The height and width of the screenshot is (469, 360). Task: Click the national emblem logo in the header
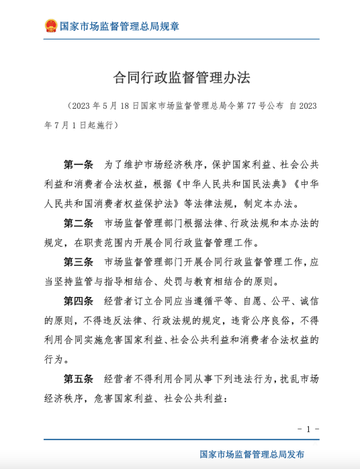(x=50, y=26)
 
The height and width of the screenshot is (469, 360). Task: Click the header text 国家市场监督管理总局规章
(x=120, y=27)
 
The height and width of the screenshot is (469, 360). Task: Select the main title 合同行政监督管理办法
(x=181, y=78)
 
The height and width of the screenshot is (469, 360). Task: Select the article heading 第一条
(x=79, y=165)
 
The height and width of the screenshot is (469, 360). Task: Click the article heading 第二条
(x=79, y=223)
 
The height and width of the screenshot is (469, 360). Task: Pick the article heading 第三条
(x=79, y=261)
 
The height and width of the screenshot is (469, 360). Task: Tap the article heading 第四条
(x=79, y=300)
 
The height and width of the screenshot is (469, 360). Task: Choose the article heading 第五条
(x=79, y=378)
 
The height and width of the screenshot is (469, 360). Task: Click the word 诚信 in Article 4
(x=304, y=300)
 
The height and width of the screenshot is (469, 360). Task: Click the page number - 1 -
(x=308, y=429)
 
